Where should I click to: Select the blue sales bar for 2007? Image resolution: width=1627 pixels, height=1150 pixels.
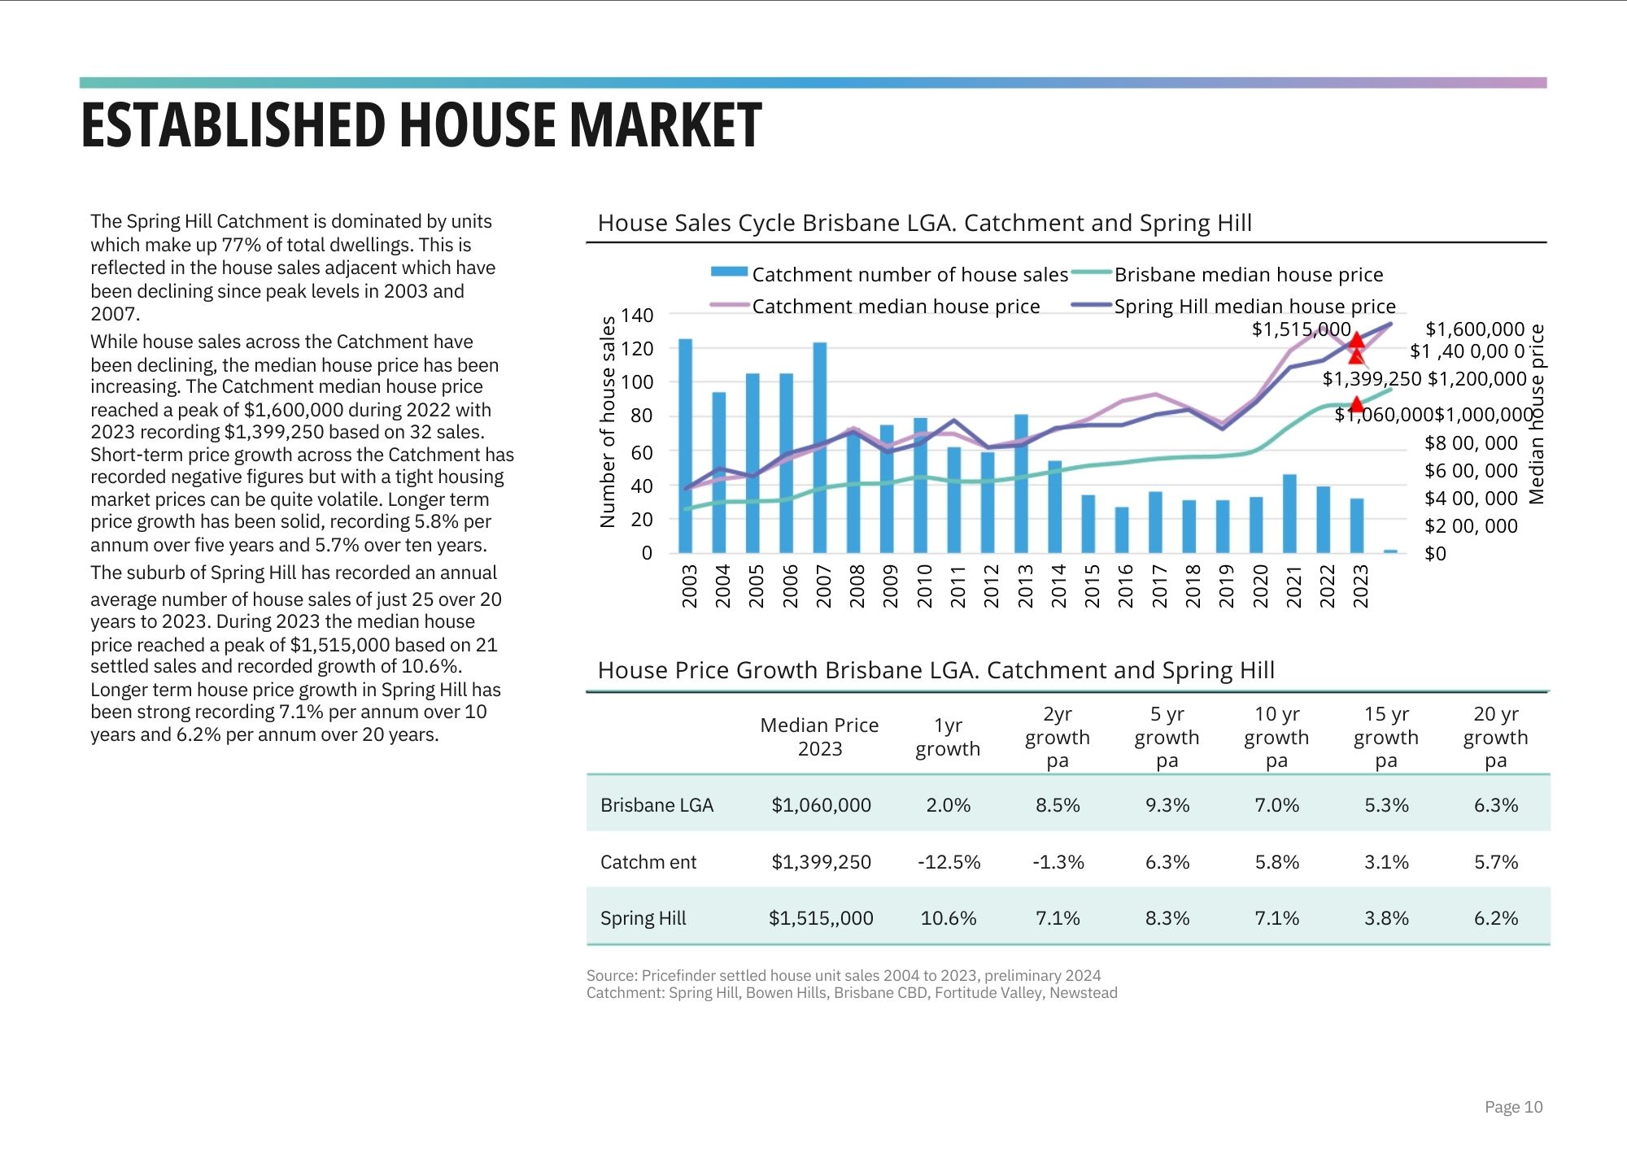(820, 447)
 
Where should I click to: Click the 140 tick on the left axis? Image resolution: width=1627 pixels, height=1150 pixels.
(637, 316)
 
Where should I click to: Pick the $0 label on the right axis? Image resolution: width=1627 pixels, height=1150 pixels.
(1436, 554)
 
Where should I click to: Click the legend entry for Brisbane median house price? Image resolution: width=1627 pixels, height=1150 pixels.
(1248, 275)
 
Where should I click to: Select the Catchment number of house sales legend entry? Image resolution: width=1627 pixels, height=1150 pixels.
(909, 275)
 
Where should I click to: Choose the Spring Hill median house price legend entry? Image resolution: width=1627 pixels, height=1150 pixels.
(1254, 307)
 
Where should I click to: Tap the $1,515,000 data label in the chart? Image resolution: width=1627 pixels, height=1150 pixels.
(1301, 329)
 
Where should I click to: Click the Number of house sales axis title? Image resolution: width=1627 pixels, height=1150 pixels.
(608, 421)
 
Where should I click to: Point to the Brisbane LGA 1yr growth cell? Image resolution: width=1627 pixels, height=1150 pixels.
(948, 805)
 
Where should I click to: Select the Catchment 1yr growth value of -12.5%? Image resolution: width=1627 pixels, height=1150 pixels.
(949, 862)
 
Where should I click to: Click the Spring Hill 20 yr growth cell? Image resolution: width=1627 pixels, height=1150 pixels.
(1495, 918)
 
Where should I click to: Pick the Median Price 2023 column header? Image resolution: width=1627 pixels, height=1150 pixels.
(819, 737)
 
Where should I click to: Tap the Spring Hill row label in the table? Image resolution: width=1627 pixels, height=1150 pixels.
(643, 918)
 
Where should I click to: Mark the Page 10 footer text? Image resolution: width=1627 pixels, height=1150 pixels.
(1513, 1107)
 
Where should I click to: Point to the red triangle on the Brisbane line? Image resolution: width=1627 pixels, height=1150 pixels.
(1356, 403)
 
